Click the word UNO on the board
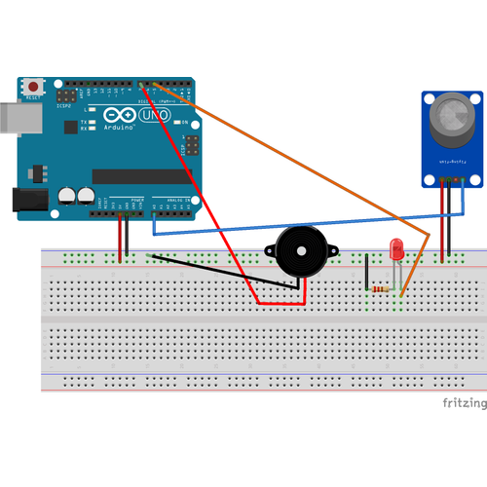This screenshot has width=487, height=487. click(156, 116)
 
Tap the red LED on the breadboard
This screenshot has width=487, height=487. click(396, 249)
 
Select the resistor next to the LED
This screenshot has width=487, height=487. click(381, 289)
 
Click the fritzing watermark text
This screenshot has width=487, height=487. click(464, 403)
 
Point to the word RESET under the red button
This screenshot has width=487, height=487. click(34, 97)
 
